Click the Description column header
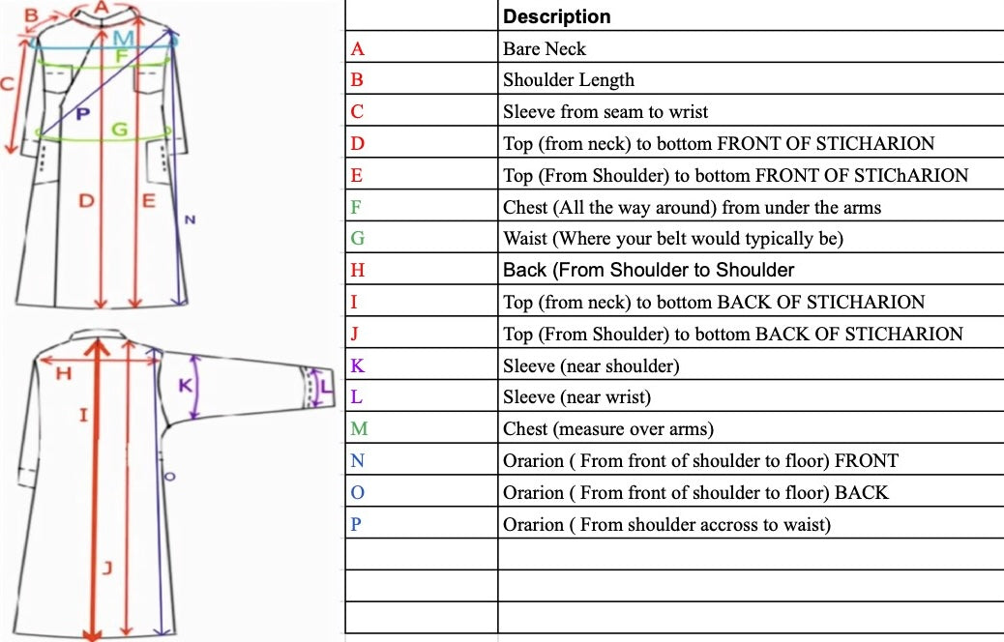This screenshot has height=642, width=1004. click(556, 16)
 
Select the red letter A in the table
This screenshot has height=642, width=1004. click(357, 48)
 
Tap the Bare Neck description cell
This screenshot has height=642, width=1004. click(545, 48)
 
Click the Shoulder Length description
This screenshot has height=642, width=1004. click(569, 80)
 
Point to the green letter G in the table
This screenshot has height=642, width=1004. click(357, 238)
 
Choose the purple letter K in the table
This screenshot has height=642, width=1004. click(357, 365)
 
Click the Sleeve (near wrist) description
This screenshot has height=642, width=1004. click(576, 397)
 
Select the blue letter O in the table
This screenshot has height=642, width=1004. click(357, 492)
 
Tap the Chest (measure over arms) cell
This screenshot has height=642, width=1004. click(608, 429)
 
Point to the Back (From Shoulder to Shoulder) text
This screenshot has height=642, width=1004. click(649, 270)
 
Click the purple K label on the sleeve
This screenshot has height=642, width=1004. click(185, 386)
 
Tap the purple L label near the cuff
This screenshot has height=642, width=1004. click(326, 388)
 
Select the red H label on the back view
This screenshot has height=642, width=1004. click(64, 373)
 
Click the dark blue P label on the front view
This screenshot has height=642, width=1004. click(82, 115)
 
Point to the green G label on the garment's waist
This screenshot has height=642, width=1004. click(120, 130)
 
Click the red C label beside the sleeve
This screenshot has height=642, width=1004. click(7, 84)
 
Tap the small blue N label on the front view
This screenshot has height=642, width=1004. click(190, 220)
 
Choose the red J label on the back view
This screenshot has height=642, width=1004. click(107, 568)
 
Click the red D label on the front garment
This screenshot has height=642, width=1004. click(86, 201)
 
